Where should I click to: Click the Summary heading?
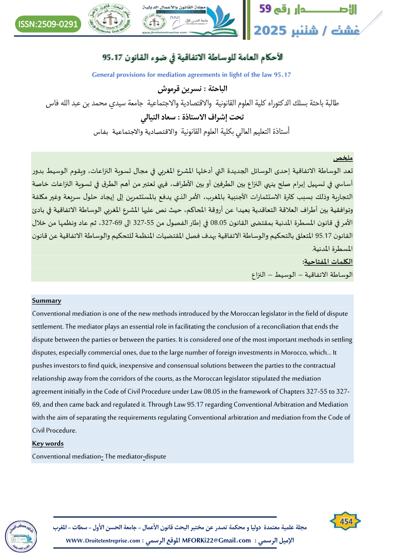[x=46, y=301]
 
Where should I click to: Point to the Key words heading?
[x=48, y=444]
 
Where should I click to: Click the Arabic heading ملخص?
[x=343, y=158]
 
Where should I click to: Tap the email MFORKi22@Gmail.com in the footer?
[x=217, y=541]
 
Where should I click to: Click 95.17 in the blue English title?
[x=280, y=75]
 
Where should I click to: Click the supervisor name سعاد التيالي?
[x=166, y=118]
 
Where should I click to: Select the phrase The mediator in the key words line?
[x=123, y=456]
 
